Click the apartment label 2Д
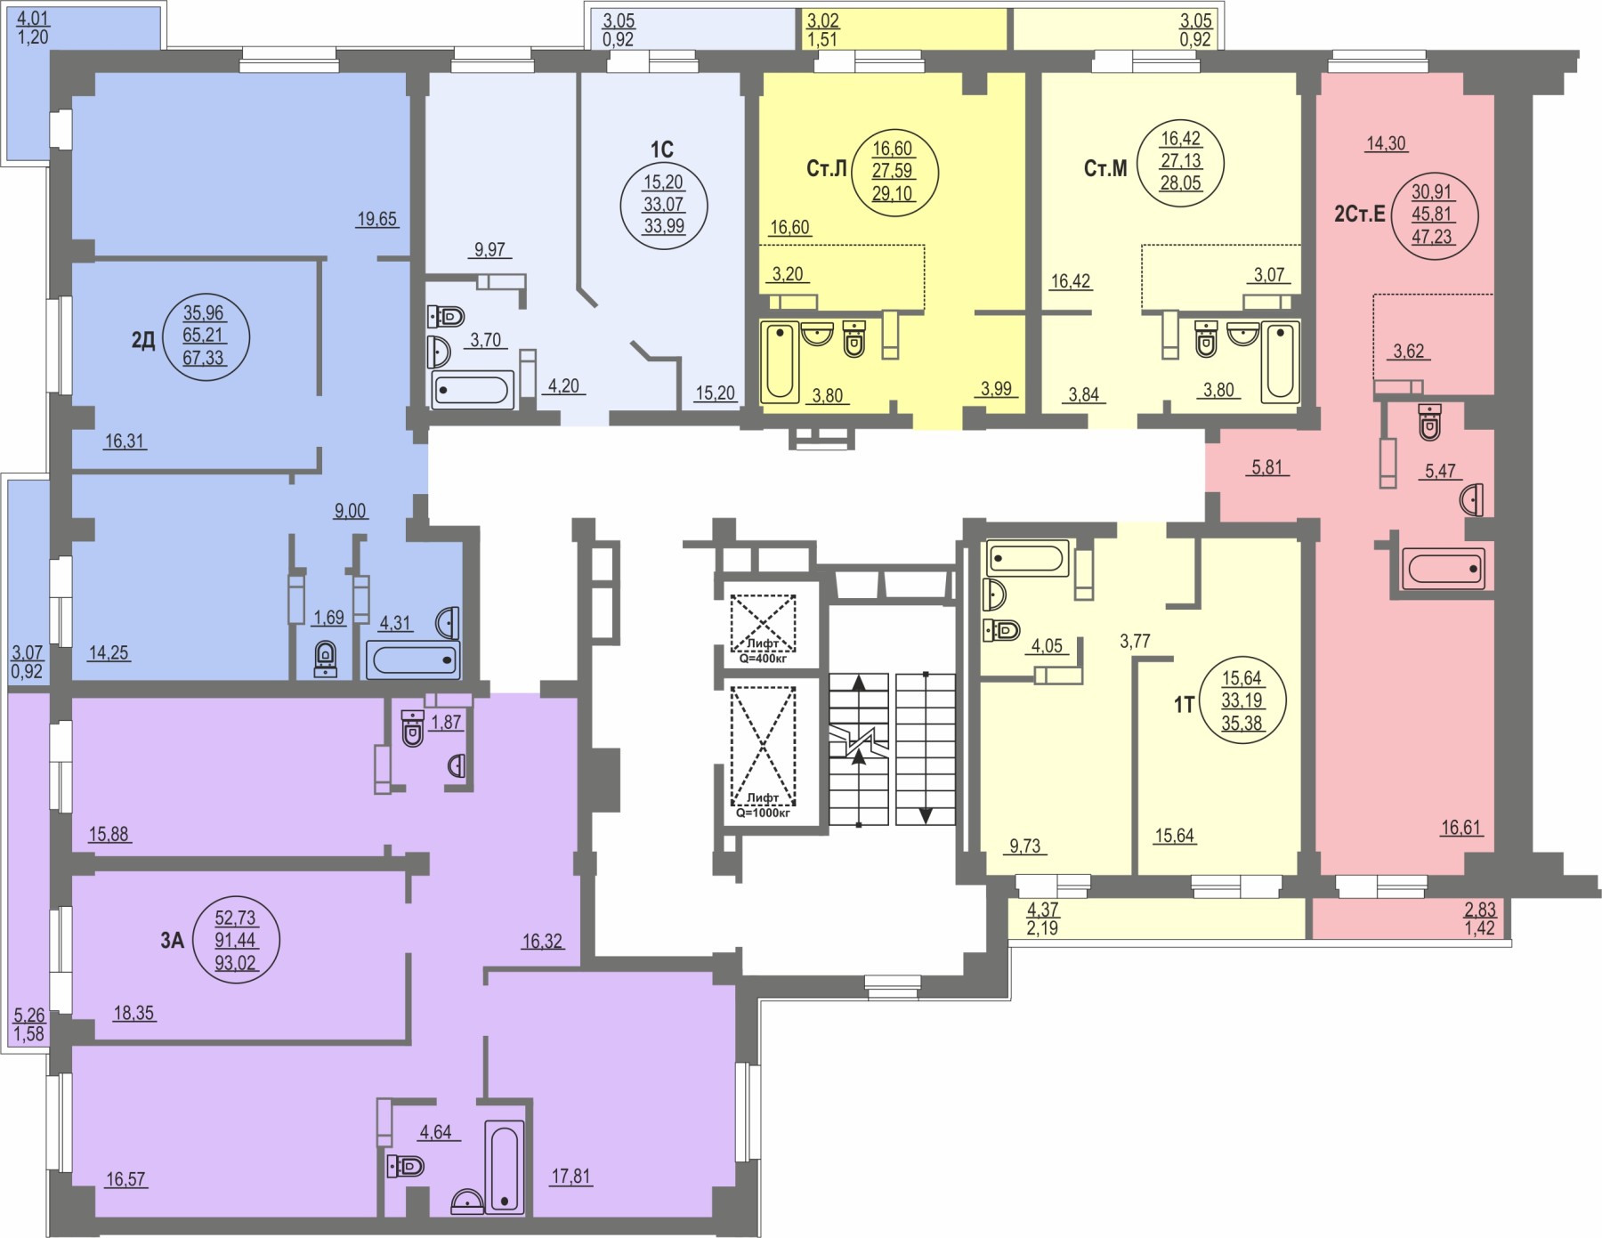click(143, 340)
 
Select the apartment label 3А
click(172, 940)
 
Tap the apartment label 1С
click(661, 149)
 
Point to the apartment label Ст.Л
click(826, 169)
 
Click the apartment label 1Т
click(1183, 706)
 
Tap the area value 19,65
click(376, 219)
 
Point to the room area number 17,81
click(570, 1177)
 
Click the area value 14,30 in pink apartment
click(1386, 143)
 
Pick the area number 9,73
click(1025, 846)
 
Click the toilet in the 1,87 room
click(412, 727)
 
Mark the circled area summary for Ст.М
click(1181, 162)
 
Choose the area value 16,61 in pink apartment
click(1460, 828)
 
